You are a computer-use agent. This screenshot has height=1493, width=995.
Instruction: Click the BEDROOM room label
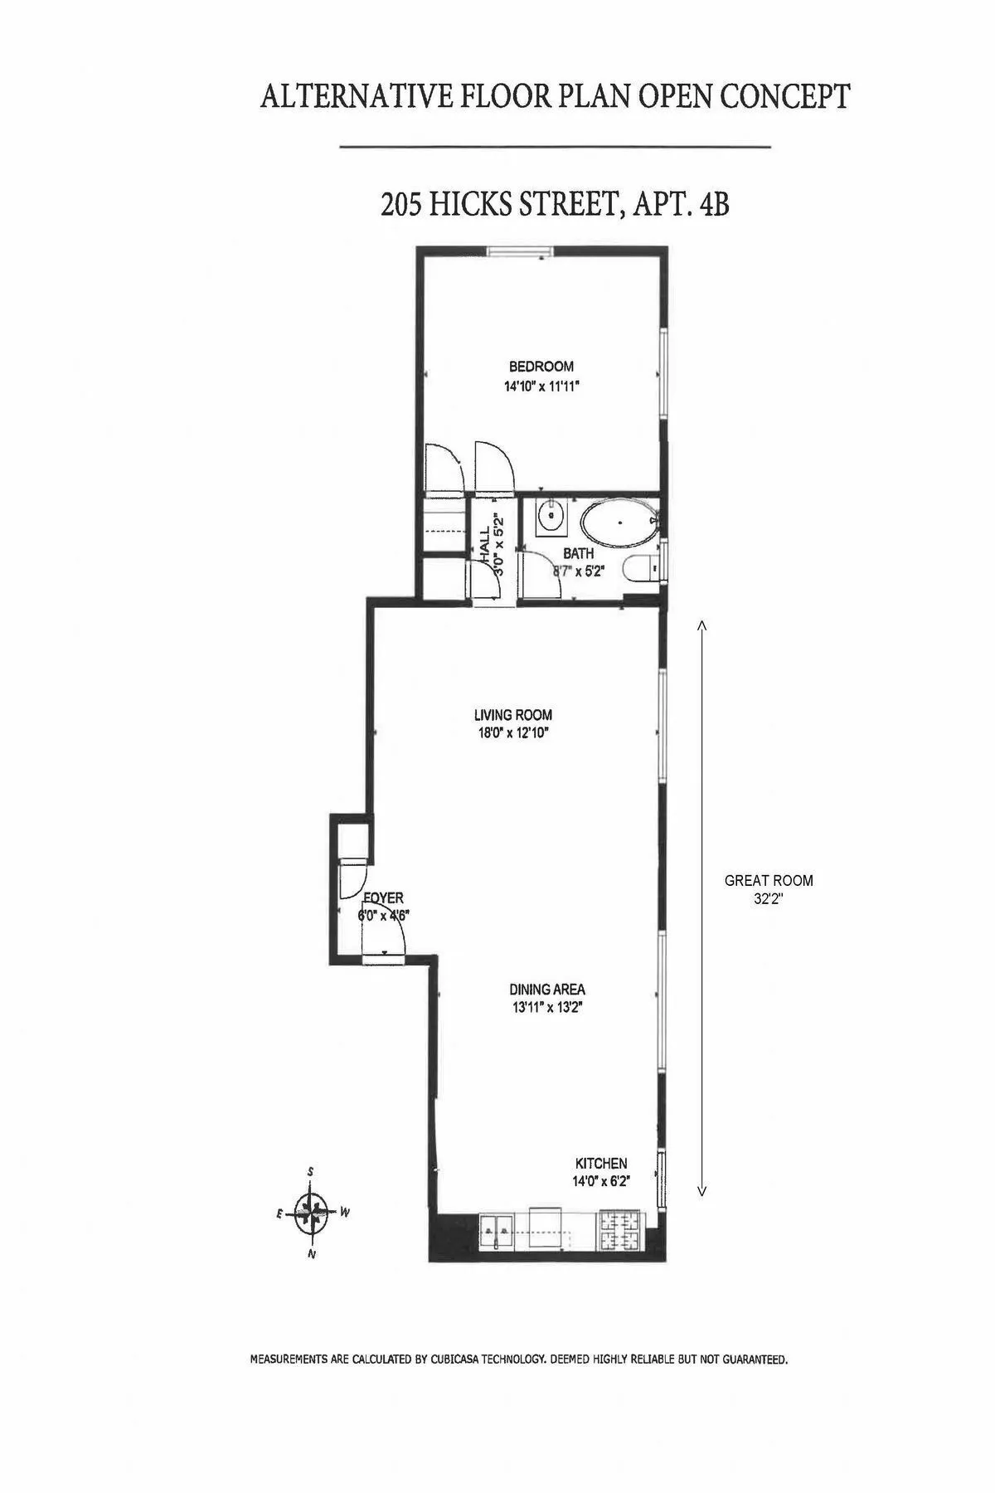[541, 366]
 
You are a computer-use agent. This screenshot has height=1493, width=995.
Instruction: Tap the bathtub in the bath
[619, 524]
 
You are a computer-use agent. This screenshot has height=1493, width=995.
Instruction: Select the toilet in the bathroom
[643, 569]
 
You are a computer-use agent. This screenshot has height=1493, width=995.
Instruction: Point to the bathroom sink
[550, 518]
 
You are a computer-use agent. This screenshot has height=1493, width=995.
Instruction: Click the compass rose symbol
[311, 1213]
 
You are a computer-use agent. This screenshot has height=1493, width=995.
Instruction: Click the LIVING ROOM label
[512, 714]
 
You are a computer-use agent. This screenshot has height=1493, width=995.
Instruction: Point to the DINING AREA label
[547, 989]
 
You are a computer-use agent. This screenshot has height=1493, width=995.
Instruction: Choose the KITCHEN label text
[601, 1164]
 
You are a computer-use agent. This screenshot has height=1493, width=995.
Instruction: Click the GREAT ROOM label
[769, 881]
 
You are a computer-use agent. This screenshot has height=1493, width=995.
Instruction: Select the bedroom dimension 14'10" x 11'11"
[541, 386]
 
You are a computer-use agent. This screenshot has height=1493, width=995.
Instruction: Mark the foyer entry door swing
[384, 937]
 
